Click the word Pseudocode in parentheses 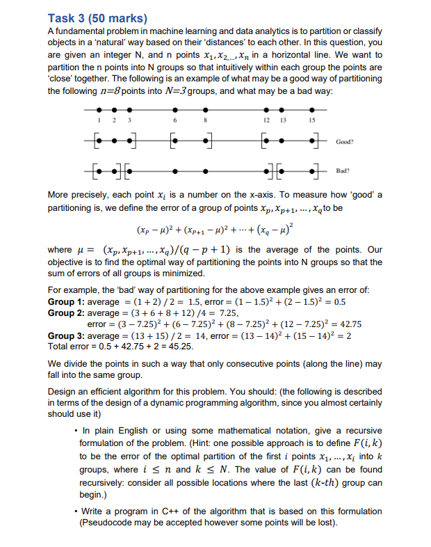pos(106,522)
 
